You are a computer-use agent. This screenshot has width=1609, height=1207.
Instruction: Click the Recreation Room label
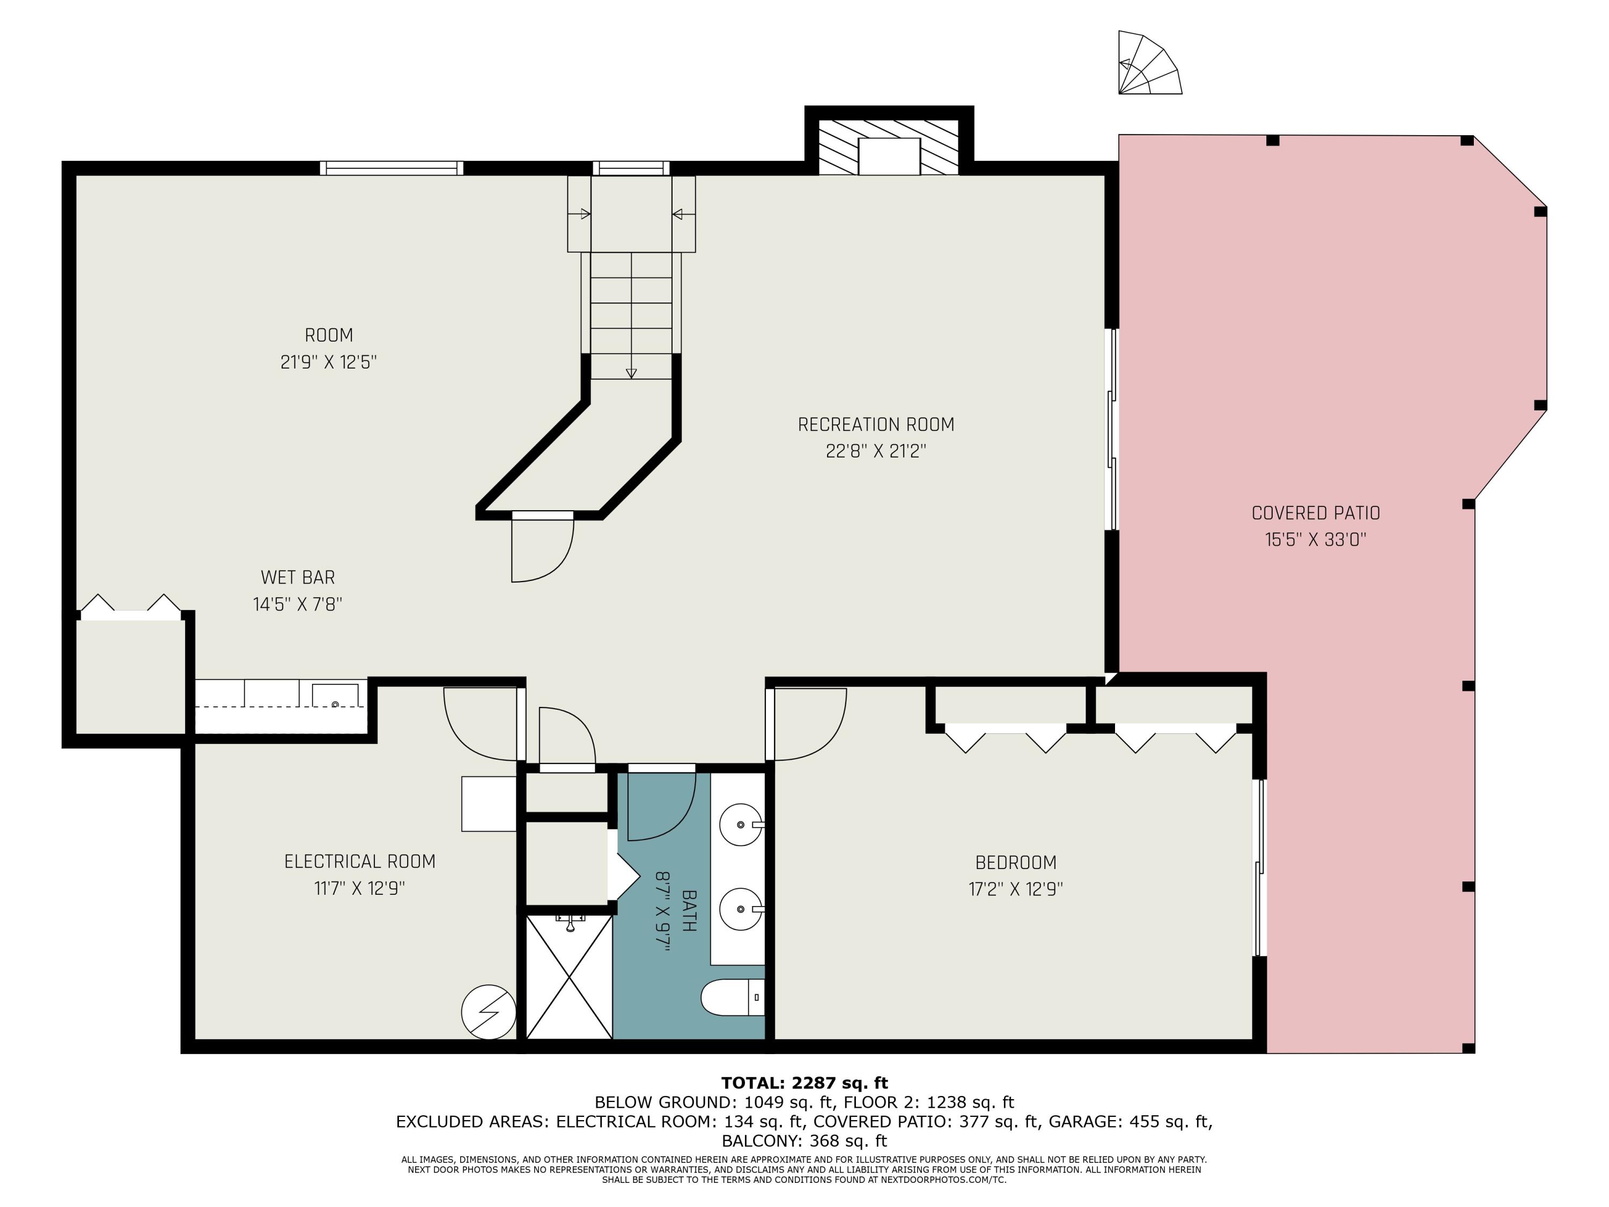[x=876, y=424]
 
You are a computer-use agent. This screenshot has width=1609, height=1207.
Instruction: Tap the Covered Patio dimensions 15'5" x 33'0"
[x=1315, y=540]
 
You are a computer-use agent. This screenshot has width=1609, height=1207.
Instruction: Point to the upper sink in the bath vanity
[x=741, y=825]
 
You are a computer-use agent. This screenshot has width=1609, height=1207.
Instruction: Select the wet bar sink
[x=335, y=696]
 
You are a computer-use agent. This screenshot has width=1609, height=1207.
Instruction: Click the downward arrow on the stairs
[x=631, y=372]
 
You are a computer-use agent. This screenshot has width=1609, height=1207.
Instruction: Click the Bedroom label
[x=1015, y=863]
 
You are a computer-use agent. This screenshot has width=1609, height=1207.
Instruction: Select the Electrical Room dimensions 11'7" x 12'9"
[x=359, y=888]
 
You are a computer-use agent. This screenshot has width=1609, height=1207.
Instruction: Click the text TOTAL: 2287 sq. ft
[x=804, y=1083]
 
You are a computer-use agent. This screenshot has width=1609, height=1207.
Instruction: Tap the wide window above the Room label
[x=392, y=168]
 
